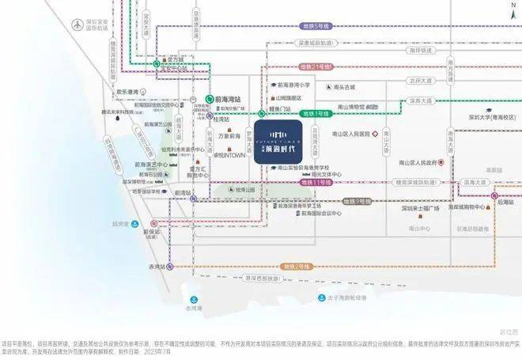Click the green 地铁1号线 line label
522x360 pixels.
pyautogui.click(x=316, y=114)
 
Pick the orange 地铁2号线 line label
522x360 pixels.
pyautogui.click(x=297, y=258)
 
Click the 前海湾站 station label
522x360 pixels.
pyautogui.click(x=227, y=100)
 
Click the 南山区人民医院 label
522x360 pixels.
pyautogui.click(x=363, y=135)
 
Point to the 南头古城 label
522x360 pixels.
pyautogui.click(x=346, y=86)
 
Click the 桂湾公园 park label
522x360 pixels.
pyautogui.click(x=246, y=191)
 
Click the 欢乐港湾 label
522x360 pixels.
pyautogui.click(x=128, y=92)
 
